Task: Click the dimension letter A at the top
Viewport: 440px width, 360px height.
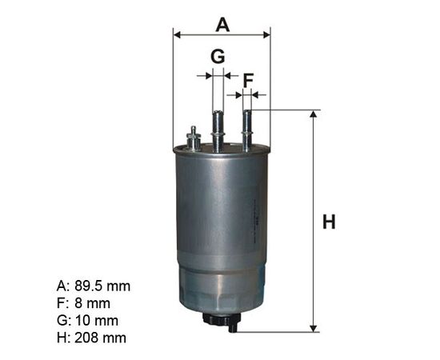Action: pos(222,25)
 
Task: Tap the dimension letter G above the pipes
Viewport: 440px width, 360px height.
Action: pos(218,56)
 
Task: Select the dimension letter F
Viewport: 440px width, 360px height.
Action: pos(248,81)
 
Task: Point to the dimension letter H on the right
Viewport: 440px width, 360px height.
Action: pos(329,222)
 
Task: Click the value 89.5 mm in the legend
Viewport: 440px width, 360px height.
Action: pos(102,286)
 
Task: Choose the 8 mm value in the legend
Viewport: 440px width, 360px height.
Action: pos(92,303)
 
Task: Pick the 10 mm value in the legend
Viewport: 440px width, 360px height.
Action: pos(97,321)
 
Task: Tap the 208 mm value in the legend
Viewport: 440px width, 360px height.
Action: pos(101,338)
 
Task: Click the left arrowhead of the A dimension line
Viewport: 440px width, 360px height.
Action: pos(177,34)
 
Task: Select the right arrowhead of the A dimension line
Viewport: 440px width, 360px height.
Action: pos(266,34)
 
